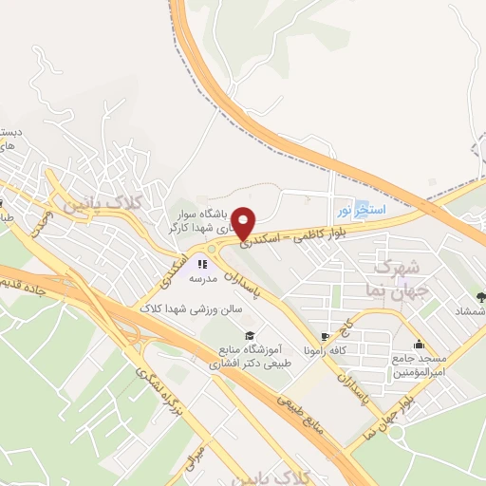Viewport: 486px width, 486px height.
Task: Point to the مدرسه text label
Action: [x=203, y=279]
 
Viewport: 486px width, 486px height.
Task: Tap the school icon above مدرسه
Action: [x=202, y=263]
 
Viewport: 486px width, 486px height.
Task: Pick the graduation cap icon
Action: [x=250, y=335]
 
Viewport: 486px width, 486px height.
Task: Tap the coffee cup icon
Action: [x=326, y=336]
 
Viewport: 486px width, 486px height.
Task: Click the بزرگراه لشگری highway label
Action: [x=158, y=390]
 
